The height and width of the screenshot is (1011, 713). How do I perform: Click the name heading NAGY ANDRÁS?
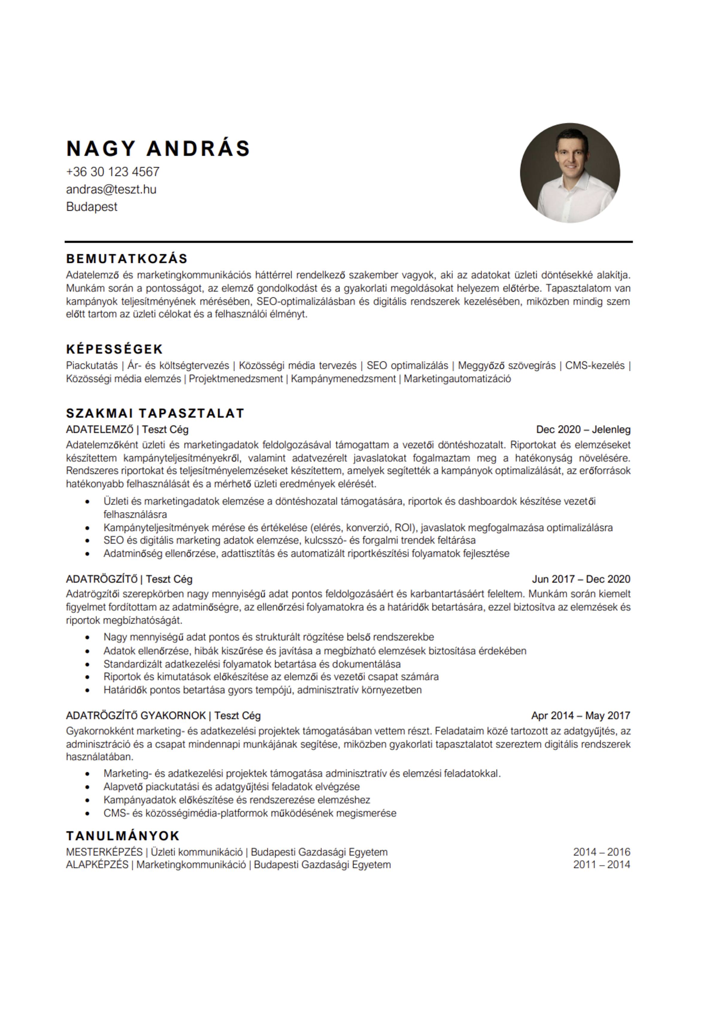pyautogui.click(x=158, y=148)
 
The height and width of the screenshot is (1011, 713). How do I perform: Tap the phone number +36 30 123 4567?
pyautogui.click(x=113, y=172)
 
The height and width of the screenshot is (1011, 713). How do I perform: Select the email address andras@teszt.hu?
pyautogui.click(x=111, y=189)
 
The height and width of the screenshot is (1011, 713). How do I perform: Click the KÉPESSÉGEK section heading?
pyautogui.click(x=115, y=349)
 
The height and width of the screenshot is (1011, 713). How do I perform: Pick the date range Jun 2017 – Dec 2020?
pyautogui.click(x=581, y=579)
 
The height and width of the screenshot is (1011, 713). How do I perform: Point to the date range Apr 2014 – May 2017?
pyautogui.click(x=580, y=716)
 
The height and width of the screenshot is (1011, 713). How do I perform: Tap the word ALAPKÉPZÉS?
pyautogui.click(x=97, y=865)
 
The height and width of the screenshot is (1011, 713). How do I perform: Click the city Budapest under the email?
pyautogui.click(x=92, y=207)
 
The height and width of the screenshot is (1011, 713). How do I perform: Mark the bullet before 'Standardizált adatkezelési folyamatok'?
pyautogui.click(x=88, y=664)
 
